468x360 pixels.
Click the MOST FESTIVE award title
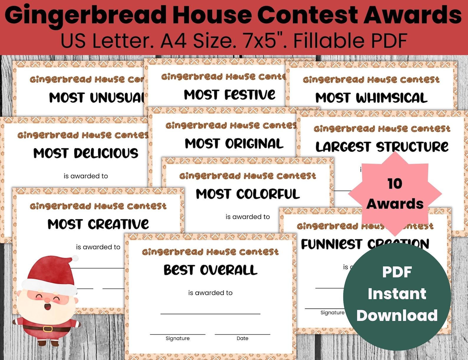230,95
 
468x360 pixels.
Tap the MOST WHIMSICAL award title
371,98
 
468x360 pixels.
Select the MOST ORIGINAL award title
234,144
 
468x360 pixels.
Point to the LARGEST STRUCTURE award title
382,147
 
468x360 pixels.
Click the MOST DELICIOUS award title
86,153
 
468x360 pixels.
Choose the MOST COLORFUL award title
248,194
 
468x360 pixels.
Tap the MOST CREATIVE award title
98,224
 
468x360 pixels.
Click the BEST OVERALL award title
210,270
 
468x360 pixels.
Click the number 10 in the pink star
395,184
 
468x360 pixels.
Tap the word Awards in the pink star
395,204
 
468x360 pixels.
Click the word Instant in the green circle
397,294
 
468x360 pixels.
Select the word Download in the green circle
397,316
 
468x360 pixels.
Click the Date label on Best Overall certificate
243,338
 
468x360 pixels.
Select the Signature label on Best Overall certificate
178,338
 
